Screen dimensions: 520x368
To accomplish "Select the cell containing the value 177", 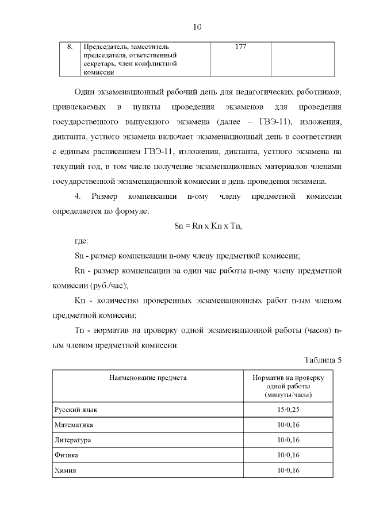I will [x=241, y=47].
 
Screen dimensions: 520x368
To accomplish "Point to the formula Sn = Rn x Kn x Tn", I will [x=208, y=226].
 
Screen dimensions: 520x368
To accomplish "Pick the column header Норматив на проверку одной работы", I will [x=288, y=387].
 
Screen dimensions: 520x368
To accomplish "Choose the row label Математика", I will [x=74, y=425].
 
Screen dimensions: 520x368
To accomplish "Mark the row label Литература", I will [x=73, y=440].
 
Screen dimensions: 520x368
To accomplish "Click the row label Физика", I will [x=66, y=455].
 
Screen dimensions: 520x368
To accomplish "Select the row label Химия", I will [x=66, y=470].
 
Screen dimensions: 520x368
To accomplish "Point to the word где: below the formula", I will [x=85, y=241].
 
